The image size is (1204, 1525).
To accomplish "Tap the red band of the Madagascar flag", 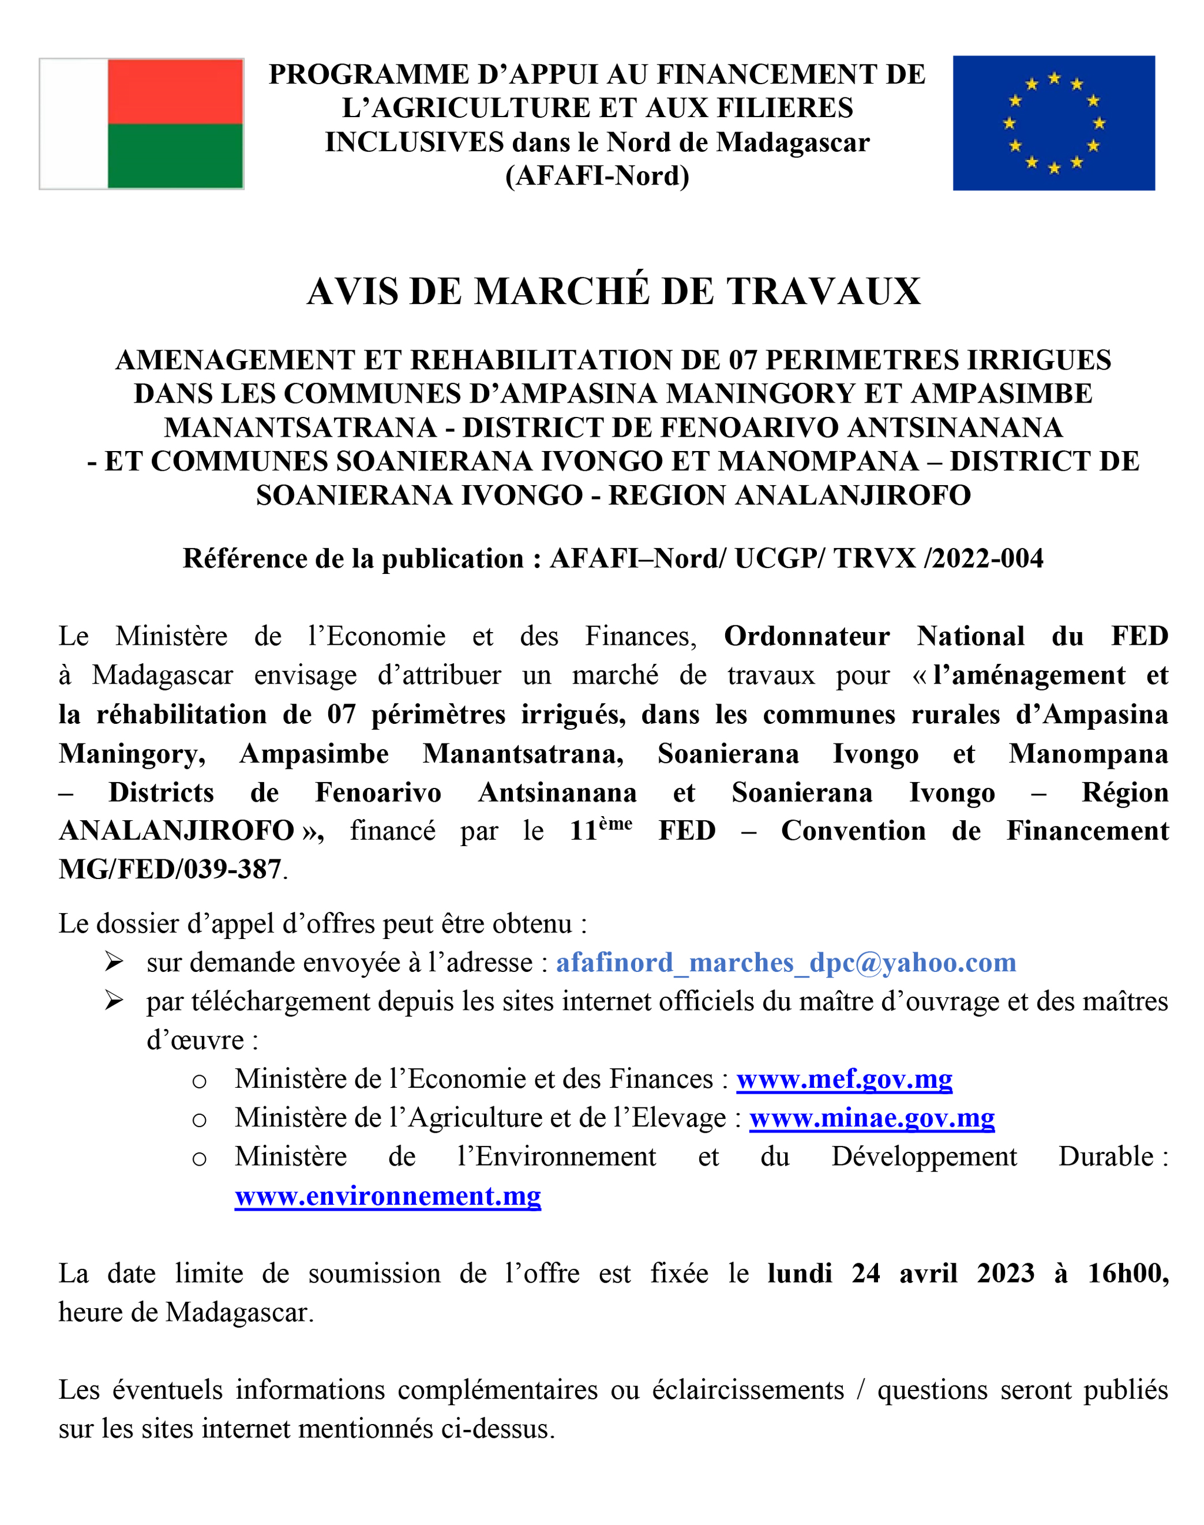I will (175, 92).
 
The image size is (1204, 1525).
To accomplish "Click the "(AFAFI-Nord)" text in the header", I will (597, 176).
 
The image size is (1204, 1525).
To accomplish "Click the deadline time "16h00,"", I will (1127, 1274).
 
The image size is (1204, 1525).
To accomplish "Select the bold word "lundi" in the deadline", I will (800, 1274).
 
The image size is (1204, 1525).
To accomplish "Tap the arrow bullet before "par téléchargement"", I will (114, 1001).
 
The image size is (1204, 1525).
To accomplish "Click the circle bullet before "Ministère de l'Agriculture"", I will (200, 1120).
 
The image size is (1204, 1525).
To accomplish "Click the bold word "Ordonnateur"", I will (807, 636).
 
